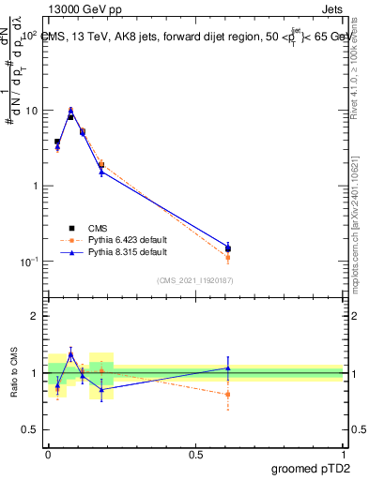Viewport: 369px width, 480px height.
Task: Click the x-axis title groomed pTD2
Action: tap(310, 468)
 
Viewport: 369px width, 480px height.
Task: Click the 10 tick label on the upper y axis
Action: tap(33, 111)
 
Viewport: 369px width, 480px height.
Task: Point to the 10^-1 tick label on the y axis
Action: tap(30, 262)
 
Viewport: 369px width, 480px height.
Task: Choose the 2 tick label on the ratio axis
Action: tap(37, 316)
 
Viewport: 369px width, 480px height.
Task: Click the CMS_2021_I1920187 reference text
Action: tap(194, 280)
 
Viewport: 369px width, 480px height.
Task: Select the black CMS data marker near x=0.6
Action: tap(228, 249)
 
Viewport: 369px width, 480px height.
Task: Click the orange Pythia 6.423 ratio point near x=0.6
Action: tap(228, 395)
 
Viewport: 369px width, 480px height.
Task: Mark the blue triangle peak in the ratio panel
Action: tap(70, 354)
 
